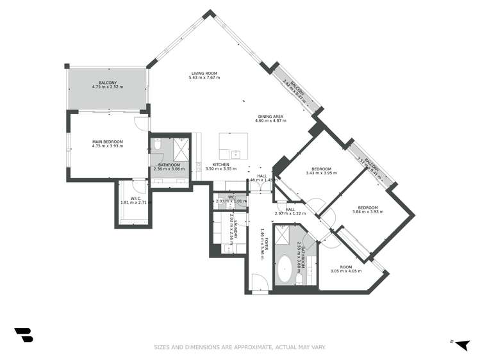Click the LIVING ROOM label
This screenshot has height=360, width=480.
point(203,74)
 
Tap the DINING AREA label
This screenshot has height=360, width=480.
point(270,117)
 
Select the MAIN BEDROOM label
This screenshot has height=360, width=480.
point(108,142)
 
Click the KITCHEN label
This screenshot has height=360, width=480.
point(221,165)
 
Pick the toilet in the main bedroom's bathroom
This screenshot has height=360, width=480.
point(157,147)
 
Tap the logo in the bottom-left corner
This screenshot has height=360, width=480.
point(24,335)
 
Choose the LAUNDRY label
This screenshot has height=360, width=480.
point(236,229)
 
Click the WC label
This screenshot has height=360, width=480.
point(231,197)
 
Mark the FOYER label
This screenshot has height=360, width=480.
point(266,243)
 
